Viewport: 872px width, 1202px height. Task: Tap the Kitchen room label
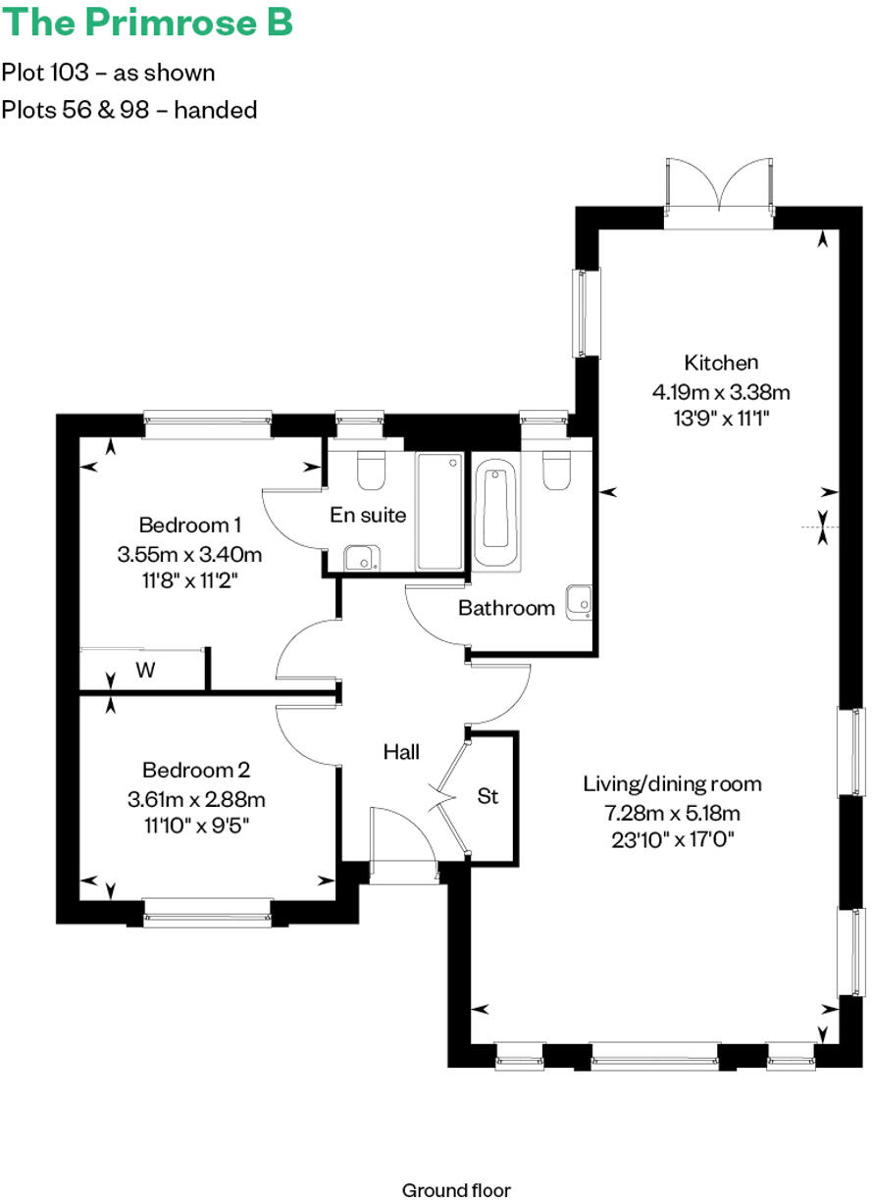(x=721, y=363)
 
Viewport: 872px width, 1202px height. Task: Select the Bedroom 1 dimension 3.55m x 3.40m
(x=189, y=554)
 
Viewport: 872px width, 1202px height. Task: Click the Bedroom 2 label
(x=189, y=770)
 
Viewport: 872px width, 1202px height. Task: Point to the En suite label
(x=368, y=515)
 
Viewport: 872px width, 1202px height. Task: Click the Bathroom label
(x=506, y=608)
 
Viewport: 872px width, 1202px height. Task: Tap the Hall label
(x=401, y=752)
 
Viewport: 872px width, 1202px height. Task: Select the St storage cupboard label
(x=487, y=796)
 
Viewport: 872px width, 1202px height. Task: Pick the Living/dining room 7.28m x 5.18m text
(x=672, y=813)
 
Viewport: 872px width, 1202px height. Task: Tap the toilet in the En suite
(x=371, y=471)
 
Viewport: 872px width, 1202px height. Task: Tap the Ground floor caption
(x=456, y=1190)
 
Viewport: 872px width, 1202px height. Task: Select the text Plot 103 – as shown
(x=108, y=73)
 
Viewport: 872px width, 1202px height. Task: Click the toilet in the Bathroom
(x=556, y=470)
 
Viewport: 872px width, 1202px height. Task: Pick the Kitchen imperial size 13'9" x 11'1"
(x=721, y=416)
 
